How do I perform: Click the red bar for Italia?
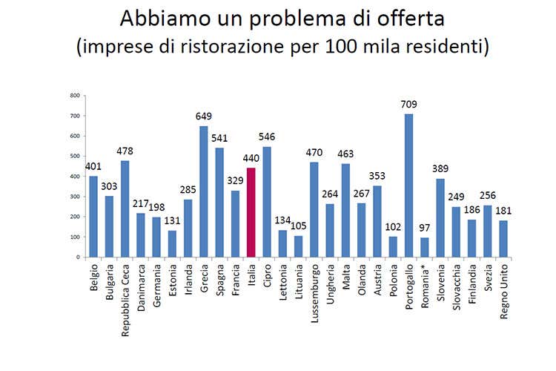pyautogui.click(x=251, y=212)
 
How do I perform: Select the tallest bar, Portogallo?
pyautogui.click(x=408, y=185)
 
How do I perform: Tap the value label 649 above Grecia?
pyautogui.click(x=204, y=116)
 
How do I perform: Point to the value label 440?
pyautogui.click(x=251, y=158)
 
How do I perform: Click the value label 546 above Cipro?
pyautogui.click(x=267, y=137)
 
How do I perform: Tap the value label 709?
pyautogui.click(x=408, y=105)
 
